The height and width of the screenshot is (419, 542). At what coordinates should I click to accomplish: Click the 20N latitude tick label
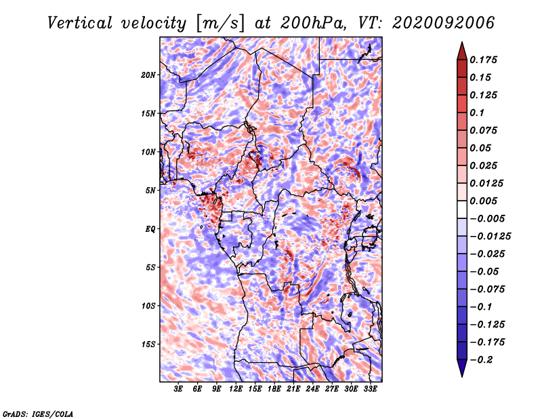click(x=148, y=75)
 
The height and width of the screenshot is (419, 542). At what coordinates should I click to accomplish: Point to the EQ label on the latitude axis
click(x=150, y=229)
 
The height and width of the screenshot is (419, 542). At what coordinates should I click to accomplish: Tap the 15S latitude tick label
click(x=148, y=344)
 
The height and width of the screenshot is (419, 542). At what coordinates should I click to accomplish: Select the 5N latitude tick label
click(x=150, y=191)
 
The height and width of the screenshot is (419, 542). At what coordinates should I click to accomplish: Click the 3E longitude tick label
click(x=178, y=389)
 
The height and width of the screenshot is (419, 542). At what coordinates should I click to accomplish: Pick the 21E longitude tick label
click(x=293, y=389)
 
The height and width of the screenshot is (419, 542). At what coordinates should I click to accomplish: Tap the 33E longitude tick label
click(x=370, y=389)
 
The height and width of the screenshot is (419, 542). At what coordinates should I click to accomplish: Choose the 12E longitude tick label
click(x=236, y=389)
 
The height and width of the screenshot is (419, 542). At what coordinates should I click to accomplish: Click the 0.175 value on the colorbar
click(x=483, y=60)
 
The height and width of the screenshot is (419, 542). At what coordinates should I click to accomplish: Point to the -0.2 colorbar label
click(x=481, y=360)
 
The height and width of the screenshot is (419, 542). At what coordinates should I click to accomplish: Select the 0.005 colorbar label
click(x=483, y=201)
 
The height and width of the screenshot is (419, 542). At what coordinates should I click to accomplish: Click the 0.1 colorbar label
click(x=477, y=113)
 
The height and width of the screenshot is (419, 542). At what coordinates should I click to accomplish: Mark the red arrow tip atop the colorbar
click(x=462, y=42)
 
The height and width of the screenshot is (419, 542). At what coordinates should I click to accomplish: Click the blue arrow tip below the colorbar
click(x=462, y=376)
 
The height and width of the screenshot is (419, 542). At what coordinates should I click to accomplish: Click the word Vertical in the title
click(x=80, y=23)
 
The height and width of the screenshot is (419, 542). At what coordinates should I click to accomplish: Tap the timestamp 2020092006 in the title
click(x=444, y=23)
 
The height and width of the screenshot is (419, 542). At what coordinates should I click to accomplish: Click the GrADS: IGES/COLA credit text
click(x=38, y=414)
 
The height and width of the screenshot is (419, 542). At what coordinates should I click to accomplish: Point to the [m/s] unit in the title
click(x=220, y=24)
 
